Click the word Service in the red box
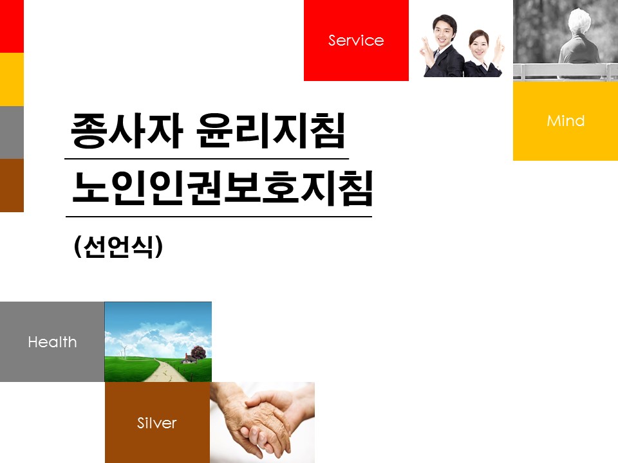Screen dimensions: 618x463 (x=356, y=40)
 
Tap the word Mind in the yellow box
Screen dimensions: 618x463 (x=566, y=121)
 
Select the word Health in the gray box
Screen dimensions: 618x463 (x=52, y=341)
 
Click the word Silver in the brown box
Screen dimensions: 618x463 (x=157, y=423)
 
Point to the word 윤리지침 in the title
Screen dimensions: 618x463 (x=270, y=131)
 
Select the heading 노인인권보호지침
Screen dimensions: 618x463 (x=223, y=188)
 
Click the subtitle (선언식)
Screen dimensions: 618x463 (x=118, y=247)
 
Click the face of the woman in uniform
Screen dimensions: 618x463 (x=479, y=45)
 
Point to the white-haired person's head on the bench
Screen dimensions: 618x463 (x=579, y=23)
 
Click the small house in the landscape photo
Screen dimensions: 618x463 (x=189, y=359)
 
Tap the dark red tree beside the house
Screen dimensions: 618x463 (x=199, y=352)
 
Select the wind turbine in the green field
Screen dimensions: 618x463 (x=124, y=352)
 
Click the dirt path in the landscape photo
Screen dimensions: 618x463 (x=168, y=370)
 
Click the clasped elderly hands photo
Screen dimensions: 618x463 (x=262, y=422)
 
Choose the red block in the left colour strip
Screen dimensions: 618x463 (x=12, y=26)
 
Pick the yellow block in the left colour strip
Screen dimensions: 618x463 (x=12, y=80)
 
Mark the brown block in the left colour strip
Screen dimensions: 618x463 (x=12, y=185)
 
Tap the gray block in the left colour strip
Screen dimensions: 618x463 (x=12, y=132)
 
